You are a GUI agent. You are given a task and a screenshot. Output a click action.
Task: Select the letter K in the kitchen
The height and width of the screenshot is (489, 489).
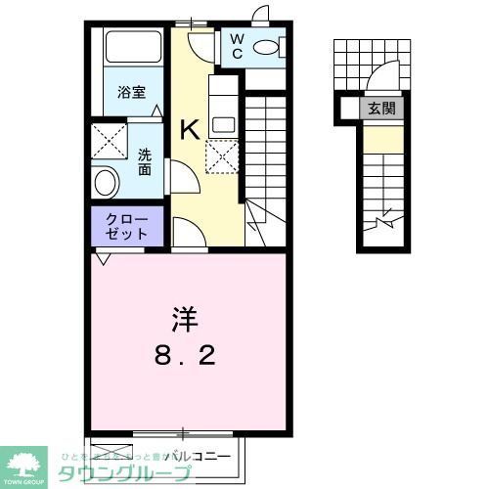point(191,129)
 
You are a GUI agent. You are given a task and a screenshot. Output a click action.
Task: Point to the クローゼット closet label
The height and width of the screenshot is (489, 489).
point(128,226)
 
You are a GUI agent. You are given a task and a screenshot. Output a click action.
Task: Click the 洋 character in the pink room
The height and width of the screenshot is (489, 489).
point(186,319)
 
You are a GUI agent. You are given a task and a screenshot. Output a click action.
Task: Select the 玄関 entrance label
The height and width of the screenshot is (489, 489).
point(381,109)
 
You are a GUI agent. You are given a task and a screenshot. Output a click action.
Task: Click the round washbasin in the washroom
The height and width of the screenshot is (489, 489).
point(106,181)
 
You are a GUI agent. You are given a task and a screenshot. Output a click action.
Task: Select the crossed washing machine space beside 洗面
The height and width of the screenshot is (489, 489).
point(110,139)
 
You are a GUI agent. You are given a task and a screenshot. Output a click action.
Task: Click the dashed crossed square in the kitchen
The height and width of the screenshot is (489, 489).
point(221,155)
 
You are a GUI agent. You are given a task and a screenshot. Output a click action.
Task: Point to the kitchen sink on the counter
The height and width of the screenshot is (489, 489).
point(221,124)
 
